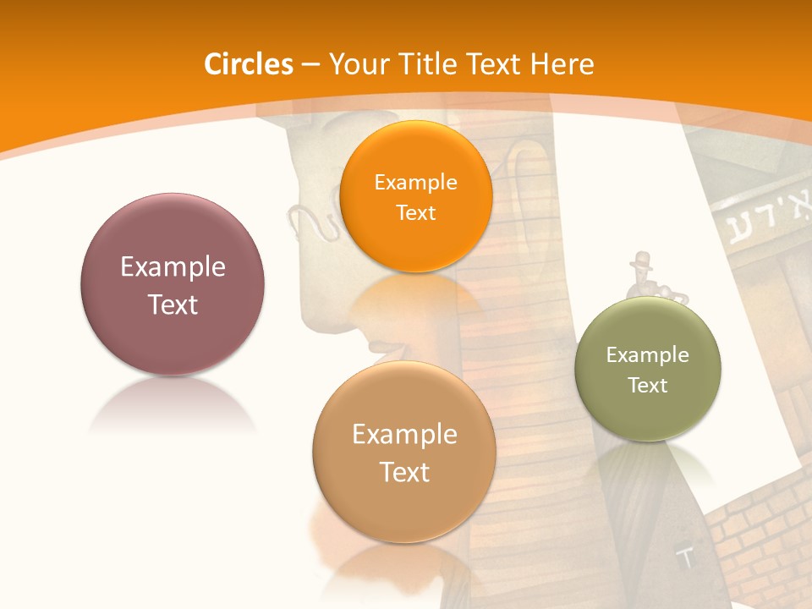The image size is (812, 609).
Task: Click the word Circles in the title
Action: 249,64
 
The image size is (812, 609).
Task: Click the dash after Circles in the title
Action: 310,65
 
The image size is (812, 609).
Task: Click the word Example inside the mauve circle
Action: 173,267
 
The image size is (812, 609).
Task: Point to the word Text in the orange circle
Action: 415,212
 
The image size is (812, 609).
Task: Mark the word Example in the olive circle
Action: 648,355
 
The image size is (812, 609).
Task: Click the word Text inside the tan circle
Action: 404,472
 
